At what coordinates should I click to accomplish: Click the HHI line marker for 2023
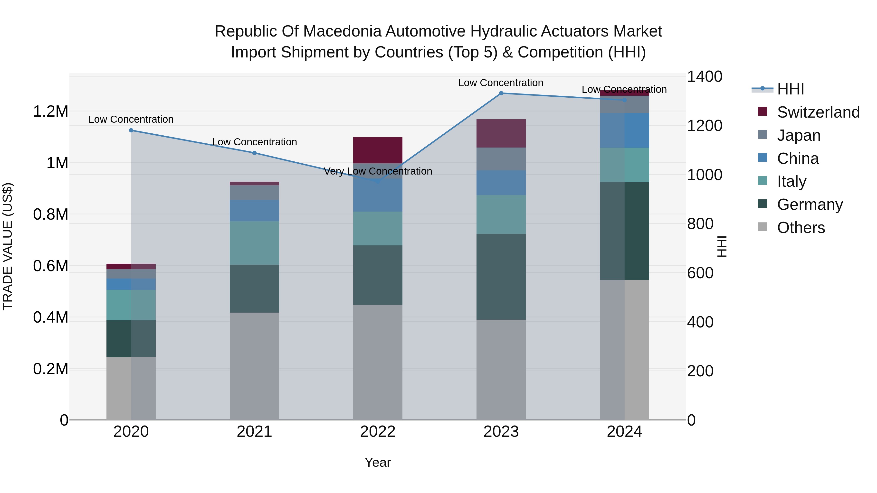[x=501, y=93]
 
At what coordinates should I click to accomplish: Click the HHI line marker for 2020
[x=131, y=130]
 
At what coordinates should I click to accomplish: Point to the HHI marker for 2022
[x=378, y=182]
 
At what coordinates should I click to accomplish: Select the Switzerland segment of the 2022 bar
[x=378, y=150]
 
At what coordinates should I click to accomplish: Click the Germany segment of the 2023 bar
[x=501, y=276]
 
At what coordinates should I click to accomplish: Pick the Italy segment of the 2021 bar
[x=254, y=243]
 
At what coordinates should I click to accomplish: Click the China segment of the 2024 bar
[x=624, y=130]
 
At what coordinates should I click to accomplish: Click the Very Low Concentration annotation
[x=378, y=171]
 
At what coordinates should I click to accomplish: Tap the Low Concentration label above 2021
[x=254, y=142]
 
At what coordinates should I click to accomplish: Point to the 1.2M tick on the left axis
[x=50, y=112]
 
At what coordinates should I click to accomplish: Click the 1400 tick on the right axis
[x=704, y=76]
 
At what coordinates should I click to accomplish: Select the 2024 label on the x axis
[x=624, y=432]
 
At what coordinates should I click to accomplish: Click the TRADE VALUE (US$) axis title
[x=8, y=246]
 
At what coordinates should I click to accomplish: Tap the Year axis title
[x=378, y=462]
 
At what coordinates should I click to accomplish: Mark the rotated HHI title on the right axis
[x=722, y=246]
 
